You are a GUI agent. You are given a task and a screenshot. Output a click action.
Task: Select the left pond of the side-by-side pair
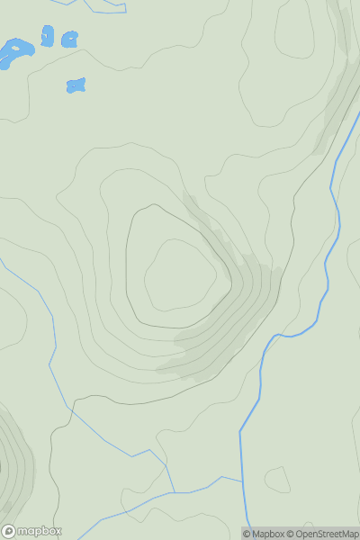47,37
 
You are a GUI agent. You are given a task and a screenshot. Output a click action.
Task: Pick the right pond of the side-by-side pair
68,39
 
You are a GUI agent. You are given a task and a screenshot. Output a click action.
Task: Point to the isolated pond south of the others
76,85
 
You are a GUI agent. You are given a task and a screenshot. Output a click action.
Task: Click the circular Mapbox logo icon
9,531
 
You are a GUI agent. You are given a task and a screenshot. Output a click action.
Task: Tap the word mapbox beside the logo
39,531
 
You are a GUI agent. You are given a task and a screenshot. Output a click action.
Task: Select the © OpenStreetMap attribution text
328,534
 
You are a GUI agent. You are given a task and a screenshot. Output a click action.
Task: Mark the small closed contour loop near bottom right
277,480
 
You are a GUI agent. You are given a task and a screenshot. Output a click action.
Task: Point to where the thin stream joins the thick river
243,481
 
